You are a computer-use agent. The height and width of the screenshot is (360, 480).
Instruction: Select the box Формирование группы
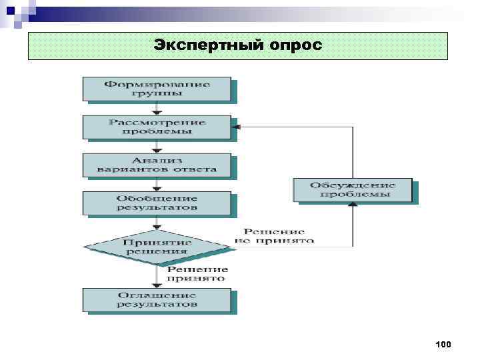pyautogui.click(x=157, y=89)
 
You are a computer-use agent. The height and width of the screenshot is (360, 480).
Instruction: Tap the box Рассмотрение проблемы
pyautogui.click(x=157, y=127)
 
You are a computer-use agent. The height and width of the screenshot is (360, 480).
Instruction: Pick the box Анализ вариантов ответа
pyautogui.click(x=157, y=165)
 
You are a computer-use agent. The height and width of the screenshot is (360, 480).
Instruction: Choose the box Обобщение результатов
pyautogui.click(x=157, y=203)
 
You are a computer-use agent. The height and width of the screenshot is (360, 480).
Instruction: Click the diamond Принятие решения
pyautogui.click(x=157, y=247)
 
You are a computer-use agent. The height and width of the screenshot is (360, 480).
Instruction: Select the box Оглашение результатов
pyautogui.click(x=157, y=299)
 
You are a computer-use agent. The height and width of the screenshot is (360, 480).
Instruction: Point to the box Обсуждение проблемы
pyautogui.click(x=353, y=189)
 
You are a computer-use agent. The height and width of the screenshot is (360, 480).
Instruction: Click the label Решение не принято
pyautogui.click(x=274, y=235)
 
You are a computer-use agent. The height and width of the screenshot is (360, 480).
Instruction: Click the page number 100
pyautogui.click(x=443, y=345)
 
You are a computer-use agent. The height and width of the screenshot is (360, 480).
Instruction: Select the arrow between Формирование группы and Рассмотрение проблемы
pyautogui.click(x=157, y=109)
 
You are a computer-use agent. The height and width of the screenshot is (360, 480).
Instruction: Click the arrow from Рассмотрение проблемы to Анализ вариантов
pyautogui.click(x=157, y=147)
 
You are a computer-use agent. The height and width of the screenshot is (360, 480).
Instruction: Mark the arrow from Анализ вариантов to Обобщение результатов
pyautogui.click(x=157, y=185)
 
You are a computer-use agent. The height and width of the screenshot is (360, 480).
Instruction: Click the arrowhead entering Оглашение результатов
pyautogui.click(x=157, y=285)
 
